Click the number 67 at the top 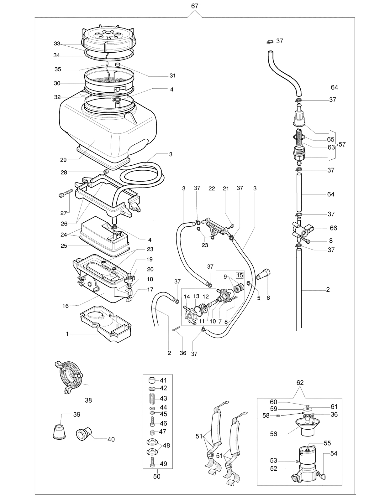pos(195,6)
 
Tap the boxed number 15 pos(240,275)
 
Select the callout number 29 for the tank pos(63,160)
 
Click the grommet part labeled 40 pos(84,434)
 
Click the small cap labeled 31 pos(118,64)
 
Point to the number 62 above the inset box pos(300,383)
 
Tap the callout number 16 pos(66,306)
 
